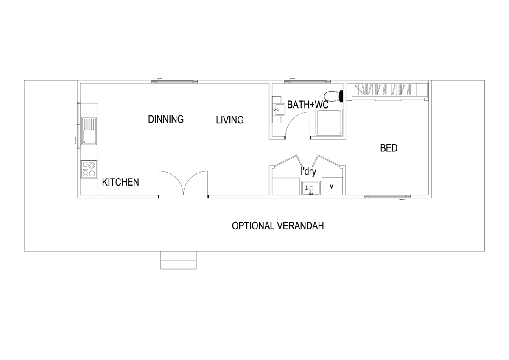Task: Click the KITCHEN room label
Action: coord(120,182)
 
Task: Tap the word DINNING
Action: coord(166,119)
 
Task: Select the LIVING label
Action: coord(229,120)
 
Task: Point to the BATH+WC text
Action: coord(308,105)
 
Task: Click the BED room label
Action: coord(389,148)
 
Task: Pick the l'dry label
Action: coord(308,172)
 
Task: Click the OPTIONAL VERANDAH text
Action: coord(278,226)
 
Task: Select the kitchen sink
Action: coord(89,131)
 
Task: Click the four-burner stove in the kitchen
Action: coord(89,169)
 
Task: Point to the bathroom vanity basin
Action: coord(277,110)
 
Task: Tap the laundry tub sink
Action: coord(311,187)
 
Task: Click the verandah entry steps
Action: coord(179,260)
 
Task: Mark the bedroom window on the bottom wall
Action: coord(388,197)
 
